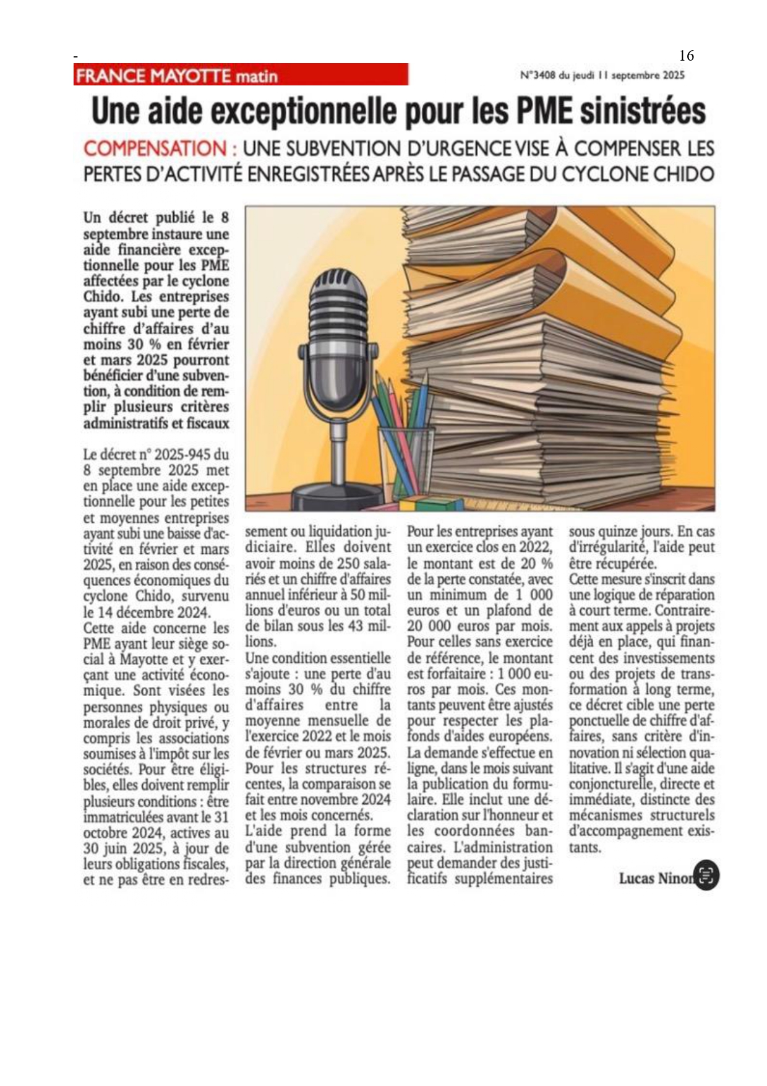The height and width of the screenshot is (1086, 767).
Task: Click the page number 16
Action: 687,56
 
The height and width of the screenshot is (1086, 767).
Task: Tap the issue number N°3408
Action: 538,75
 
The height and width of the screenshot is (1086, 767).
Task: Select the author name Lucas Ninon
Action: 654,878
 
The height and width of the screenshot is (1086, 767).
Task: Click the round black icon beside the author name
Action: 707,876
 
